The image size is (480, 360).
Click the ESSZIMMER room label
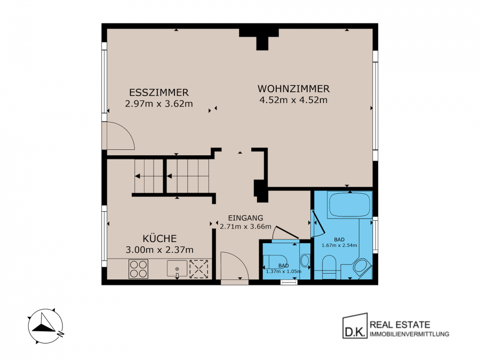click(159, 92)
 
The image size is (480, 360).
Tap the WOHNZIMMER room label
click(293, 89)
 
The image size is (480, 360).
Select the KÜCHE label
click(159, 238)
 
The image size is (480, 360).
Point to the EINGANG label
click(245, 218)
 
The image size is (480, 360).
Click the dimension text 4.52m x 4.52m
click(293, 100)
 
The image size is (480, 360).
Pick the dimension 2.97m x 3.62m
click(159, 103)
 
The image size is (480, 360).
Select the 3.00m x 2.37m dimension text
click(159, 250)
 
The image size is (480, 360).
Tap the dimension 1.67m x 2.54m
click(339, 245)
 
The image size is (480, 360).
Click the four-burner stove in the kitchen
click(138, 269)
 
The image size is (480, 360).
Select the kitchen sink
click(177, 268)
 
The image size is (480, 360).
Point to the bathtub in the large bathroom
click(349, 204)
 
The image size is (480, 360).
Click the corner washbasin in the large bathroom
click(362, 266)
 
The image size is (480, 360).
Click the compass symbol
click(45, 326)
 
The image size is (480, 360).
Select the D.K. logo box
click(355, 326)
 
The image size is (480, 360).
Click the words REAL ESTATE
click(400, 324)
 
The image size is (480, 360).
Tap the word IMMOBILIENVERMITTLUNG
click(410, 334)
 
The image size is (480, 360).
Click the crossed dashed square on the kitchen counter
click(199, 269)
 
